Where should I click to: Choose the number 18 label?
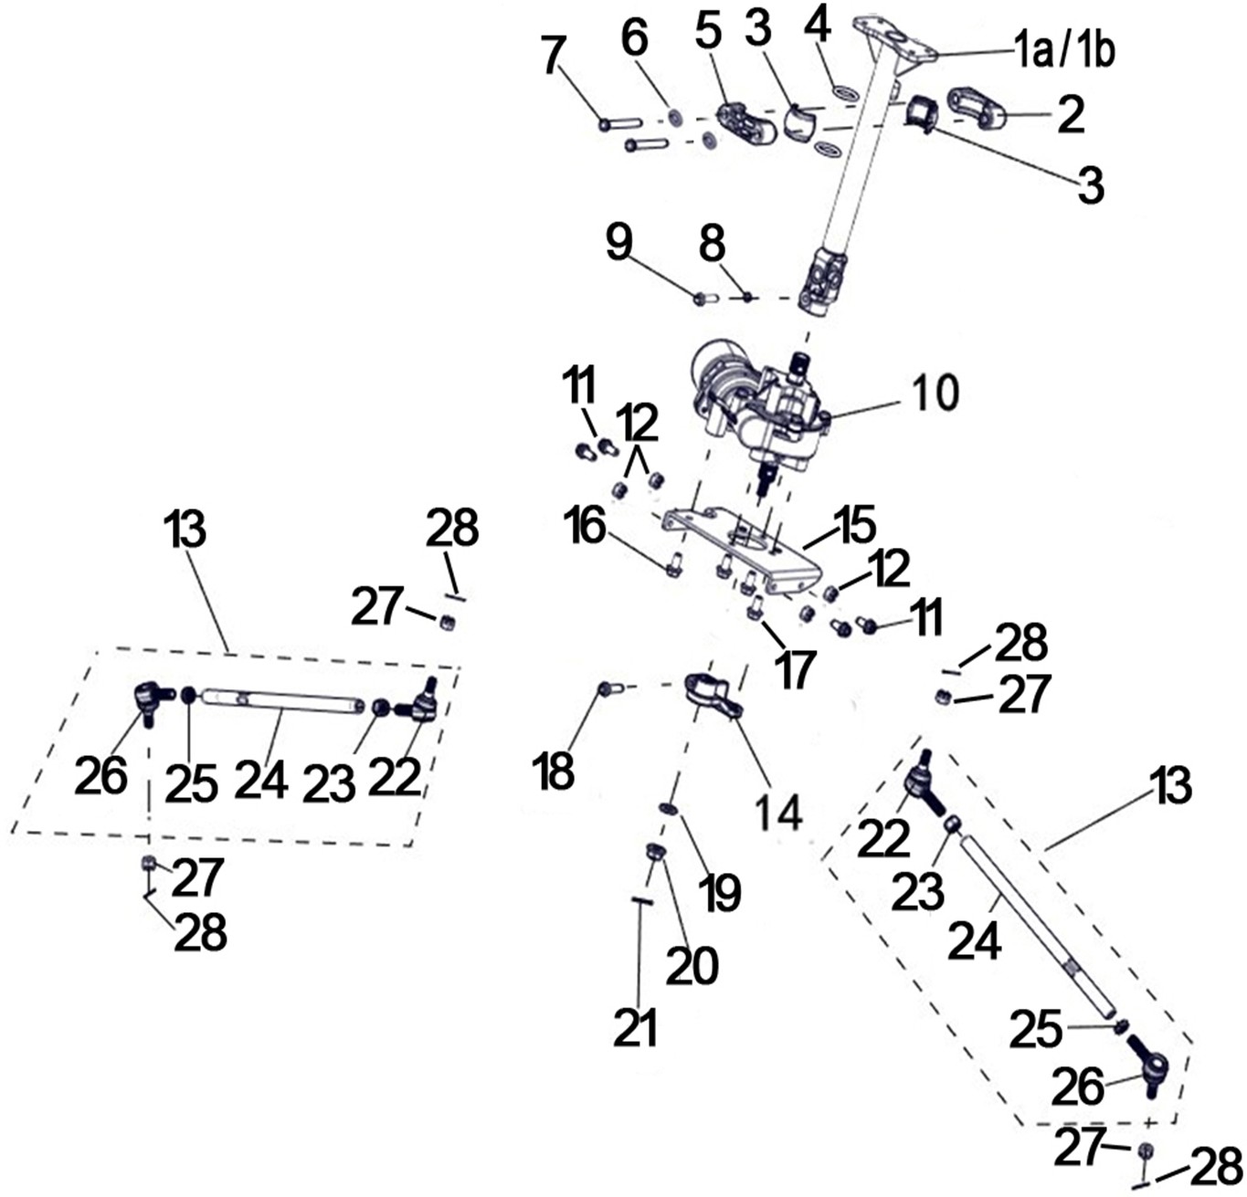coord(555,771)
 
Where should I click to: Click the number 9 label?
coord(618,244)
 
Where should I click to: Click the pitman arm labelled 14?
coord(713,694)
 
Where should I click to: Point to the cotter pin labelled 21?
coord(642,901)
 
